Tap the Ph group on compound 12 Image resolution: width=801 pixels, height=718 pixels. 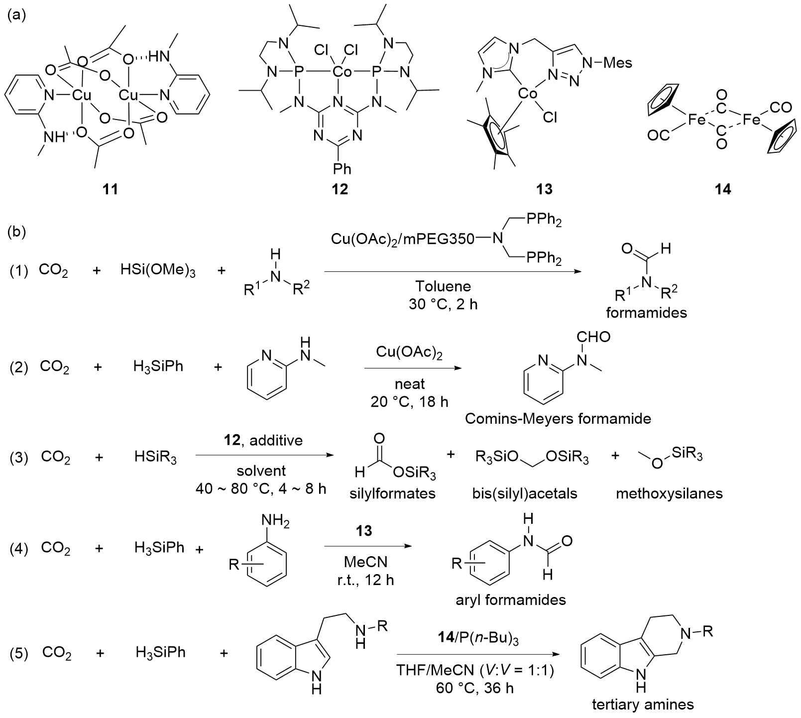[342, 169]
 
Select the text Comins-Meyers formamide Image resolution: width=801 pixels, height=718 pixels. [558, 418]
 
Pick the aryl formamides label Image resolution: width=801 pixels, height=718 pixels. [511, 599]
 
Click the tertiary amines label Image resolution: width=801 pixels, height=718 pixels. [643, 705]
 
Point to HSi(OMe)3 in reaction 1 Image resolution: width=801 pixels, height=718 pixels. [158, 271]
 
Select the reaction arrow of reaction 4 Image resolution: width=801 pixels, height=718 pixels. [368, 547]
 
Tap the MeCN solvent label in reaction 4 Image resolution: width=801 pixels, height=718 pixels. [365, 562]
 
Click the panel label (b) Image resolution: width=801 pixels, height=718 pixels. [17, 233]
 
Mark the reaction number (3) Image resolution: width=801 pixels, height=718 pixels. [19, 457]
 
